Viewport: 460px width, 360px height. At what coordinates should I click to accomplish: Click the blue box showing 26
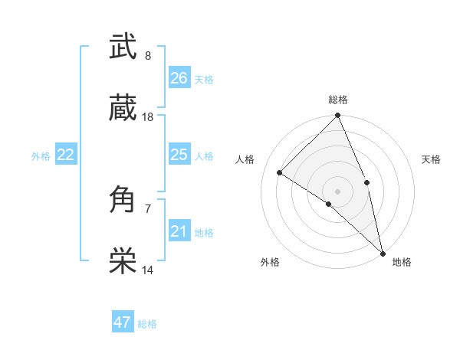pyautogui.click(x=179, y=78)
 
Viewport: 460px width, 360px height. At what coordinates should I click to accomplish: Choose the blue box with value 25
pyautogui.click(x=179, y=155)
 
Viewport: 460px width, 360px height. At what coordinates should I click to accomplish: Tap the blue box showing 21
pyautogui.click(x=179, y=231)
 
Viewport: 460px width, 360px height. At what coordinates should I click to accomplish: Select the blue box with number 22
pyautogui.click(x=66, y=155)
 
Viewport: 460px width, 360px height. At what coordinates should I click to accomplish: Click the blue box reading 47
pyautogui.click(x=123, y=322)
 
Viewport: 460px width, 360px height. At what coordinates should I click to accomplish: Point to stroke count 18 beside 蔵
pyautogui.click(x=148, y=117)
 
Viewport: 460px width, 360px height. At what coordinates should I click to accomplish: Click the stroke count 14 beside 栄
pyautogui.click(x=148, y=270)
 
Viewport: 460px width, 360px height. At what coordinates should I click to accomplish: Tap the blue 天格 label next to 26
pyautogui.click(x=204, y=80)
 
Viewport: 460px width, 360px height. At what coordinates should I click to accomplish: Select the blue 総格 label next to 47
pyautogui.click(x=147, y=324)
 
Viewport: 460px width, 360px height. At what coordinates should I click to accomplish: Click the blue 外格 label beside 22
pyautogui.click(x=41, y=156)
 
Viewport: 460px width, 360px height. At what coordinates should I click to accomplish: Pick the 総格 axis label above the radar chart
pyautogui.click(x=338, y=100)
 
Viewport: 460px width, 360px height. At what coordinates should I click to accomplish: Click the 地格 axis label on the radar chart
pyautogui.click(x=402, y=262)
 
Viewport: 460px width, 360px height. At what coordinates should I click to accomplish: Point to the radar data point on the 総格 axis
pyautogui.click(x=338, y=116)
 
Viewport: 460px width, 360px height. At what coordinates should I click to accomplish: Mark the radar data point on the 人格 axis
pyautogui.click(x=280, y=172)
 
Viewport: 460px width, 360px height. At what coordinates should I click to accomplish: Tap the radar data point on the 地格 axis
pyautogui.click(x=383, y=253)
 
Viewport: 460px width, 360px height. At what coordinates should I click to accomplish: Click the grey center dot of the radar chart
pyautogui.click(x=338, y=191)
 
